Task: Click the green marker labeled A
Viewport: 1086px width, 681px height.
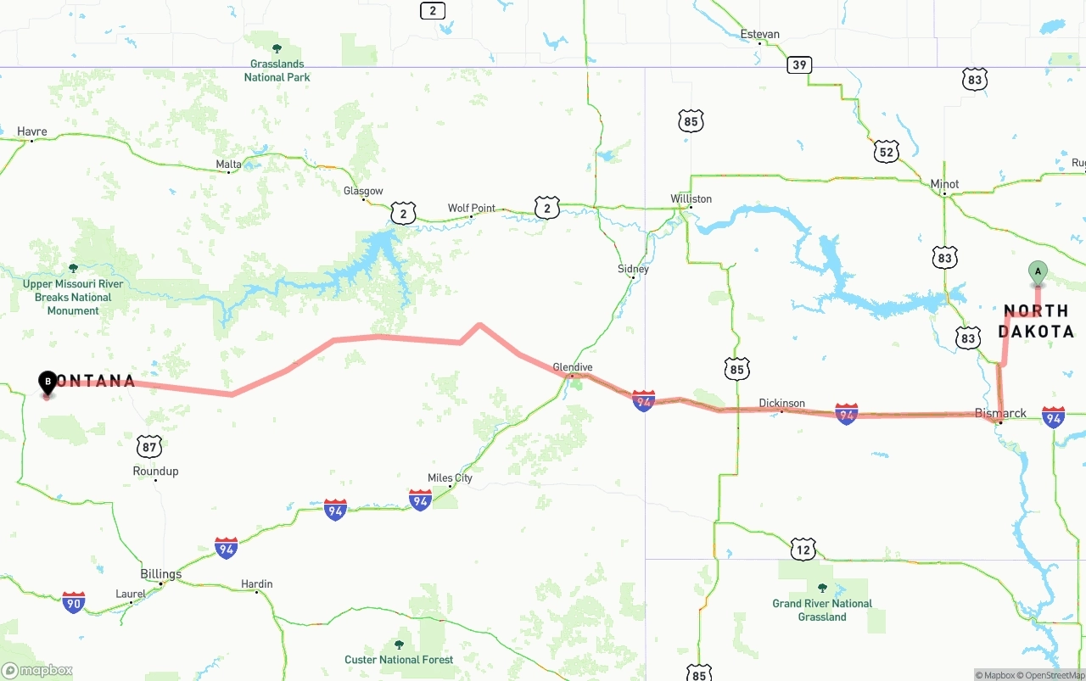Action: [1037, 272]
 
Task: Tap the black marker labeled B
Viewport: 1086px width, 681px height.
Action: [48, 382]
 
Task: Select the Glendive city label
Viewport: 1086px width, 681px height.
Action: [573, 367]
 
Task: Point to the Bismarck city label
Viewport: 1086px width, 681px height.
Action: [1000, 413]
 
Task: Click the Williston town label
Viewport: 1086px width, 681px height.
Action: [691, 198]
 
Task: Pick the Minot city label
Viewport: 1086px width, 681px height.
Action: [944, 184]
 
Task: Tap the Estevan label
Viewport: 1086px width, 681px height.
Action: [759, 34]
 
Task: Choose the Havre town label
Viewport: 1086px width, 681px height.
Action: [32, 131]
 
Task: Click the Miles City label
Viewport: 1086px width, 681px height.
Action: [450, 477]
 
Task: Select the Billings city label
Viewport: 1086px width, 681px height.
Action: [161, 574]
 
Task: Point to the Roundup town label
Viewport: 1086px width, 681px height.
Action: [155, 471]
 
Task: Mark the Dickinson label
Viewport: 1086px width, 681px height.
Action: [781, 403]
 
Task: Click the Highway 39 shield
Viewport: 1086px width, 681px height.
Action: [799, 64]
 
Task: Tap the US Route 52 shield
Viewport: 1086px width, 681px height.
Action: [887, 152]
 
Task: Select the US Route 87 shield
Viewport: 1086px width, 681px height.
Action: [149, 446]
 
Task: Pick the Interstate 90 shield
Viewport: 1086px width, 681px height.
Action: [74, 602]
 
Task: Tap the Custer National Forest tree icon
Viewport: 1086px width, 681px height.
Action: [399, 645]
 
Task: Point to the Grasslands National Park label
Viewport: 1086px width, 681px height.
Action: [277, 70]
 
